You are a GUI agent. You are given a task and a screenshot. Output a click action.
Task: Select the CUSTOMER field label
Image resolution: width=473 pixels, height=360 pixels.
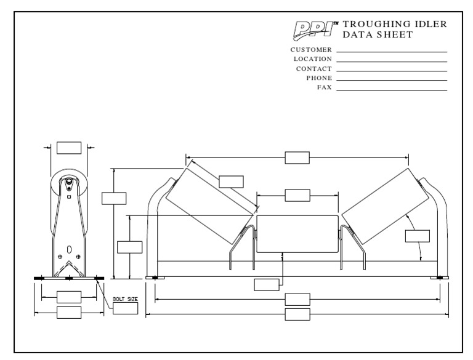311,49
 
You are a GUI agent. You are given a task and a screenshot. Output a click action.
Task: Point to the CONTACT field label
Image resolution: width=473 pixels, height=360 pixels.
313,68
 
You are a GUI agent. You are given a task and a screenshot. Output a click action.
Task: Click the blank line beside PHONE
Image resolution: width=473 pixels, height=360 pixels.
391,81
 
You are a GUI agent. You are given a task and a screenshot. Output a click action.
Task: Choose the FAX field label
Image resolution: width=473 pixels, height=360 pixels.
324,87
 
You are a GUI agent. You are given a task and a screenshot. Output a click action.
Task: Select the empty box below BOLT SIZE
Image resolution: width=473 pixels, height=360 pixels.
125,308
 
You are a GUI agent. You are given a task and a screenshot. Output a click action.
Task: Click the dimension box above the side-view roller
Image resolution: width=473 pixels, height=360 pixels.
68,148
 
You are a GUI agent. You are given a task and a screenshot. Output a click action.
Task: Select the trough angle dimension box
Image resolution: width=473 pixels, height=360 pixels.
417,236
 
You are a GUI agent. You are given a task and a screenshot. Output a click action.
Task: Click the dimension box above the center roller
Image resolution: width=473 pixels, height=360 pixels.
297,195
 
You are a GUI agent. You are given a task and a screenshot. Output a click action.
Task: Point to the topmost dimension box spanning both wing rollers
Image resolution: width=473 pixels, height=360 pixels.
297,158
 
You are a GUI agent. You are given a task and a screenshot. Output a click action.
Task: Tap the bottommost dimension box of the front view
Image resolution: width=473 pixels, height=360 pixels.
297,315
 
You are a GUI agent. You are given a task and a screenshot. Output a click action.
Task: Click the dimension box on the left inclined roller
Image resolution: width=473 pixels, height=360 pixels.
231,182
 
